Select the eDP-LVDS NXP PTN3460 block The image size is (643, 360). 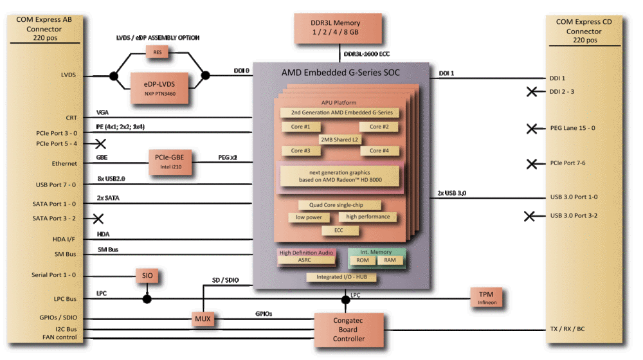coord(159,88)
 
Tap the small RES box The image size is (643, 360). coord(158,52)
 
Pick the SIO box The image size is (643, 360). coord(147,275)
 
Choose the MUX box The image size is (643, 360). coord(203,318)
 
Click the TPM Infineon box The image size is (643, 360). coord(486,297)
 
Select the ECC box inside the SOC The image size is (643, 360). coord(338,230)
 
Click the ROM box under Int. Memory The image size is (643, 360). coord(362,261)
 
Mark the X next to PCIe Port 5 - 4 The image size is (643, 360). coord(100,143)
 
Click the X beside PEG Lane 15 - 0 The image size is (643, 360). coord(532,129)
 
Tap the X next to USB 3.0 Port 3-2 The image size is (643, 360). coord(531,216)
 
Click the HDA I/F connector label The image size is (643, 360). coord(64,239)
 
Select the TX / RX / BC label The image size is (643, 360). coord(568,330)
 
